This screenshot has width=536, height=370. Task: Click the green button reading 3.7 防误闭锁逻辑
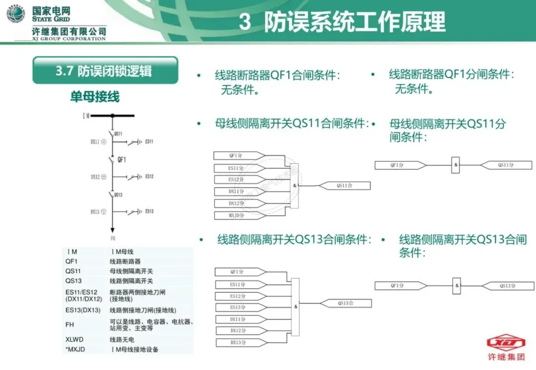pyautogui.click(x=105, y=70)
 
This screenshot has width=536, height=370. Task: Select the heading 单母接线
pyautogui.click(x=94, y=97)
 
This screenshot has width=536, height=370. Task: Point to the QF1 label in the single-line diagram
pyautogui.click(x=122, y=160)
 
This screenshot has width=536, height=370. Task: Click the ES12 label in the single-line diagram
pyautogui.click(x=149, y=177)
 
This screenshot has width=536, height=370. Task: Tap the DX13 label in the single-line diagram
pyautogui.click(x=95, y=212)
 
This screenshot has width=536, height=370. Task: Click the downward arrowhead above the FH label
pyautogui.click(x=113, y=229)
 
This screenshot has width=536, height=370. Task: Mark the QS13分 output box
pyautogui.click(x=507, y=286)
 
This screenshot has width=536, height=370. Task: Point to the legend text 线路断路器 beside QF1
pyautogui.click(x=125, y=261)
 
